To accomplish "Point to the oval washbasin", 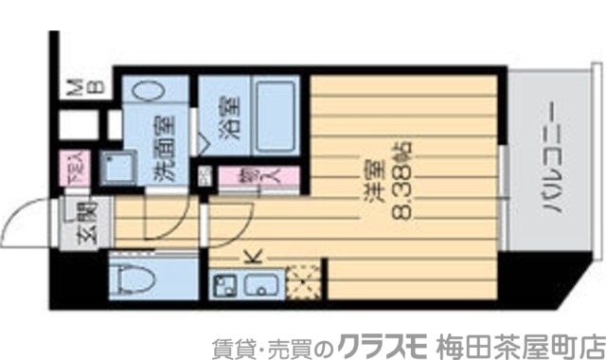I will (152, 89).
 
